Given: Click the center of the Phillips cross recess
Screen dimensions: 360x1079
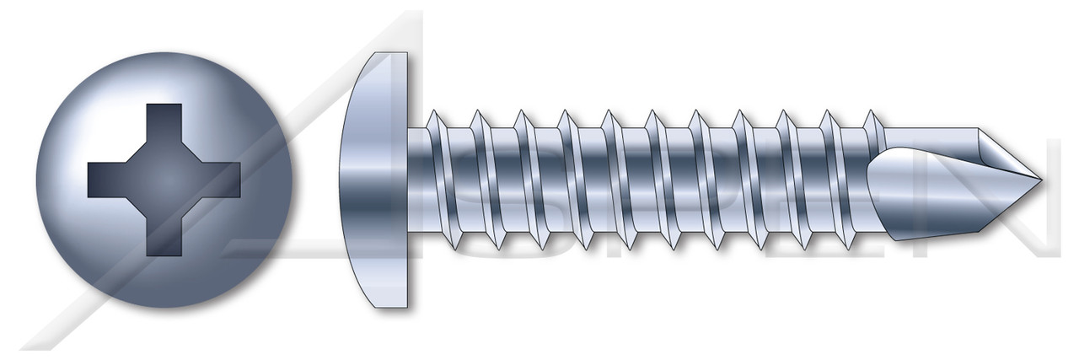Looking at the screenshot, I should [x=164, y=180].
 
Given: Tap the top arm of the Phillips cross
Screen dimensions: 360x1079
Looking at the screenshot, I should [x=164, y=126].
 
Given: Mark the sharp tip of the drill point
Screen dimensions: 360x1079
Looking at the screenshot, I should [x=1039, y=180].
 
